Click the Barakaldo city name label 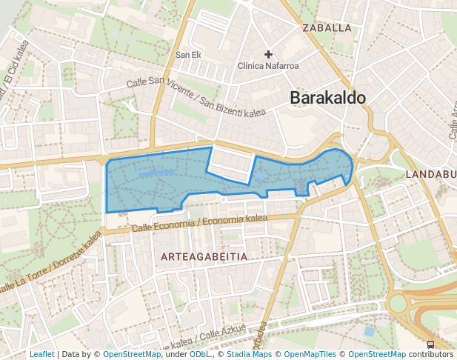tap(327, 98)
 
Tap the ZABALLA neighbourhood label tap(327, 28)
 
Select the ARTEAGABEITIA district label tap(204, 256)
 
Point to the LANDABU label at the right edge tap(430, 174)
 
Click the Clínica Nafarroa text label tap(268, 66)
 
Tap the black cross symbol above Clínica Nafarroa tap(269, 54)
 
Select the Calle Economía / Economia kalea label tap(199, 221)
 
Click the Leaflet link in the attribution tap(41, 354)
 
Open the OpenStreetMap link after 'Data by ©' tap(132, 354)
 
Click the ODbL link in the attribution tap(200, 354)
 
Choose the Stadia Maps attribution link tap(249, 354)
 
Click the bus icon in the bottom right tap(431, 344)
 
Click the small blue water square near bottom tap(369, 331)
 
